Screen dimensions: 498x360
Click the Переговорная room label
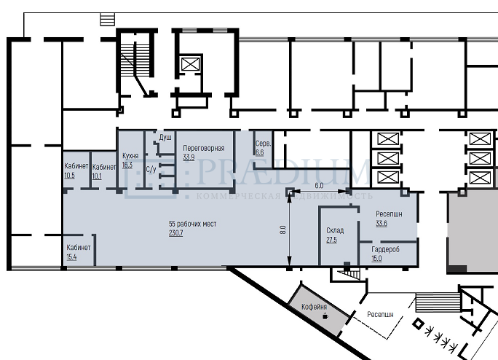pyautogui.click(x=204, y=148)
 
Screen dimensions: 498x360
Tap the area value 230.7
pyautogui.click(x=176, y=232)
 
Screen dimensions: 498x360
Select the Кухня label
pyautogui.click(x=130, y=156)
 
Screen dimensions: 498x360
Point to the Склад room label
pyautogui.click(x=335, y=230)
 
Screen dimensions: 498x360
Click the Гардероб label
pyautogui.click(x=386, y=249)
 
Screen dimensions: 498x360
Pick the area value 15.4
pyautogui.click(x=72, y=257)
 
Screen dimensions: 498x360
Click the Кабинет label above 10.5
pyautogui.click(x=76, y=166)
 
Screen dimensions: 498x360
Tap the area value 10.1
pyautogui.click(x=97, y=176)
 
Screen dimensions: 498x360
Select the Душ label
pyautogui.click(x=165, y=138)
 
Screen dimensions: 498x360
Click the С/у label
pyautogui.click(x=151, y=169)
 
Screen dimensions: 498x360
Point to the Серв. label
pyautogui.click(x=264, y=144)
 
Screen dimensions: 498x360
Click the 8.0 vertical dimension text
pyautogui.click(x=283, y=230)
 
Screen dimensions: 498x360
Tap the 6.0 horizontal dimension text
pyautogui.click(x=319, y=185)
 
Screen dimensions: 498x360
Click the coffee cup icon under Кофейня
pyautogui.click(x=325, y=316)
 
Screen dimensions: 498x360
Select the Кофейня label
pyautogui.click(x=314, y=307)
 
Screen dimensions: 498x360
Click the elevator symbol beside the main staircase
pyautogui.click(x=190, y=64)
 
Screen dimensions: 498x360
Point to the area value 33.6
pyautogui.click(x=382, y=223)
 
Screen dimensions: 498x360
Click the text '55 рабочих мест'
pyautogui.click(x=193, y=224)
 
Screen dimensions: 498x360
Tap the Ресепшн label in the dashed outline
pyautogui.click(x=380, y=315)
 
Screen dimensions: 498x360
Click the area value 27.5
pyautogui.click(x=331, y=240)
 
